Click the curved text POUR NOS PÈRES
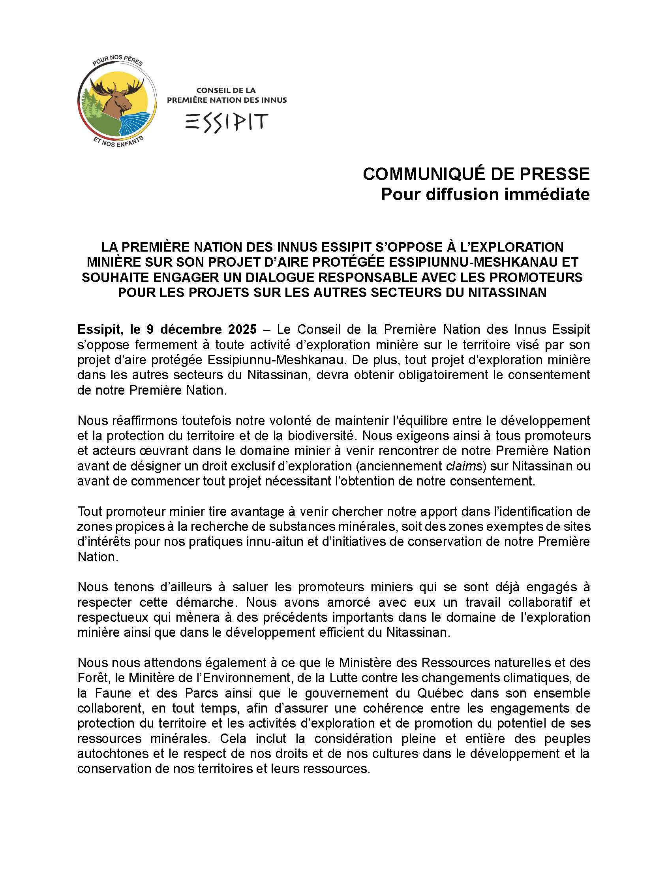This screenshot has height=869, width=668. [117, 61]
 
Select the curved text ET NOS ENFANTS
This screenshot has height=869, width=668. [118, 141]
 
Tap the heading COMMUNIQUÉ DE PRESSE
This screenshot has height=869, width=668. [476, 174]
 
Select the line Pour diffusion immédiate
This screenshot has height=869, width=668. [485, 194]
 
